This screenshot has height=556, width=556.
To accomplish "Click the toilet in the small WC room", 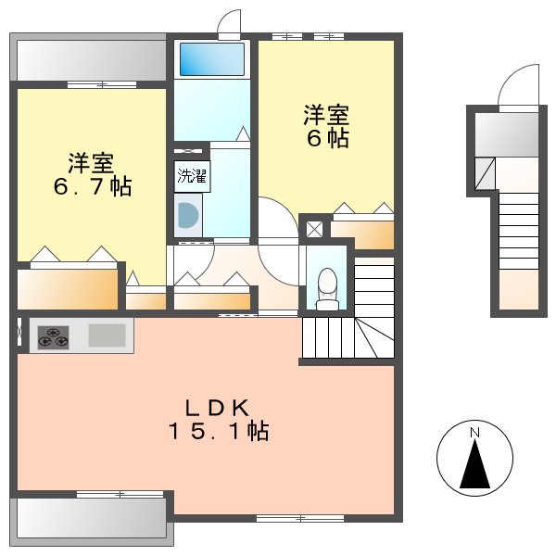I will point(326,288).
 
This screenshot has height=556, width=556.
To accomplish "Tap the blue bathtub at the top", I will point(211,59).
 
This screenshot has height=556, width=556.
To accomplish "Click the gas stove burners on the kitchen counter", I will point(52,337).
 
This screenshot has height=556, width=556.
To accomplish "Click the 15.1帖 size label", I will point(218,431).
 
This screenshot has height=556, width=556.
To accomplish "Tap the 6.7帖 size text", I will point(90,187).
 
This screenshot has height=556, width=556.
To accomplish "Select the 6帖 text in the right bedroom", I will point(327,140).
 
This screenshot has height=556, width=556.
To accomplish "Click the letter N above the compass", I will point(474,433).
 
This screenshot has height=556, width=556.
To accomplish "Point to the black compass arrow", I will point(474,465).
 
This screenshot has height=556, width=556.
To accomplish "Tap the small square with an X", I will point(314,228).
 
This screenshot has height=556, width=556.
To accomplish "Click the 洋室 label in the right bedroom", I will point(326,116).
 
